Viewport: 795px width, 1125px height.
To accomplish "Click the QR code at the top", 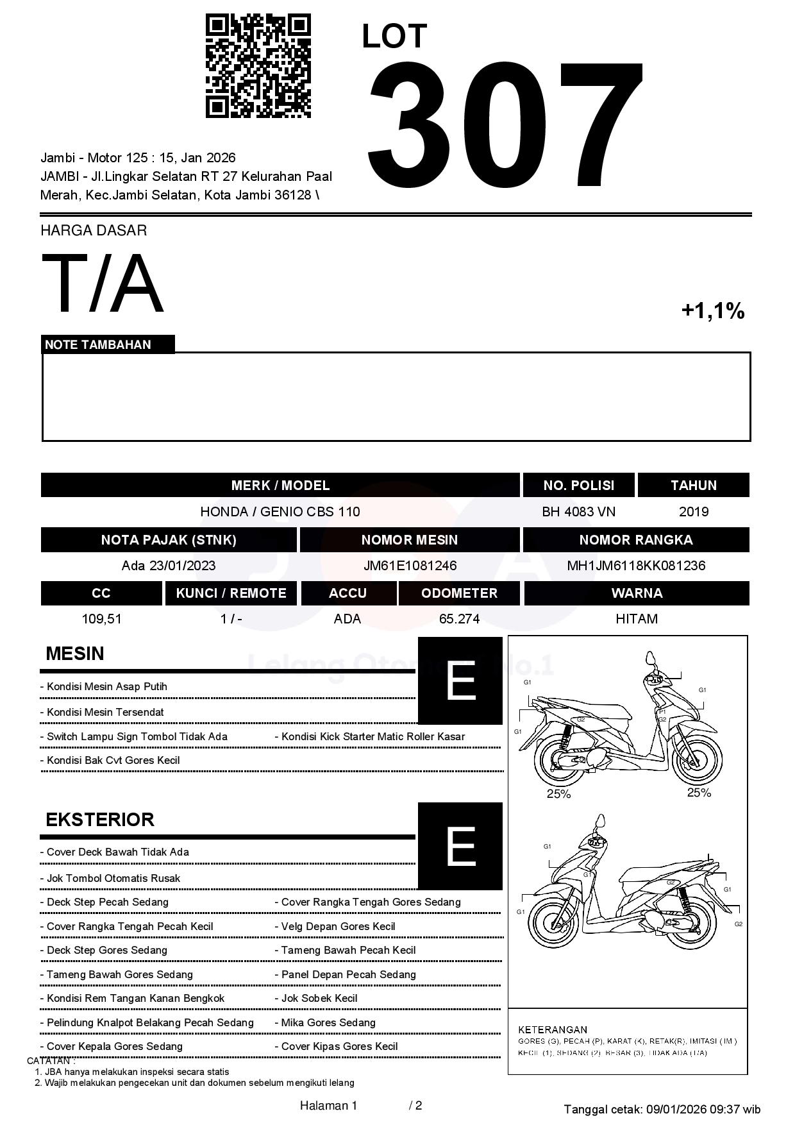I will tap(258, 66).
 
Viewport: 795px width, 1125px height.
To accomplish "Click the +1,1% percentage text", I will tap(712, 311).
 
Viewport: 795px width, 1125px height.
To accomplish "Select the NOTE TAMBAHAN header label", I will tap(98, 345).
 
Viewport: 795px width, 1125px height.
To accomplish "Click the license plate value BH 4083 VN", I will tap(578, 512).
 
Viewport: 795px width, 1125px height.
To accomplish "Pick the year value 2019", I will tap(693, 512).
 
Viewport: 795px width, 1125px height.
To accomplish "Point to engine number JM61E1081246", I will tap(410, 566).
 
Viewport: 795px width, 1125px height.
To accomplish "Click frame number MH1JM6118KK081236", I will tap(636, 566).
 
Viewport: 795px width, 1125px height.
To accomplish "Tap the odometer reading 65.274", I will tap(459, 619).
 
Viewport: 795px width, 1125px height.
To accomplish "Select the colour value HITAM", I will tap(636, 619).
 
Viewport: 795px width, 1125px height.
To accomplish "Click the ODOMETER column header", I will tap(459, 593).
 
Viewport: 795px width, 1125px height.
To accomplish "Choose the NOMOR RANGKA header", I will tap(636, 540).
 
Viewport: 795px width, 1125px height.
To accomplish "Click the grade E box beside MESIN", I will tap(460, 681).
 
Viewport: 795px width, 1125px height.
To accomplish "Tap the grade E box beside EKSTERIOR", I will tap(460, 846).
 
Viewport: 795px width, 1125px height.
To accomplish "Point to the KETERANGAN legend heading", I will tap(552, 1029).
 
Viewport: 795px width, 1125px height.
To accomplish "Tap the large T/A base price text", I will tap(103, 283).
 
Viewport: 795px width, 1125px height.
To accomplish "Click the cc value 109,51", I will tap(101, 619).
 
